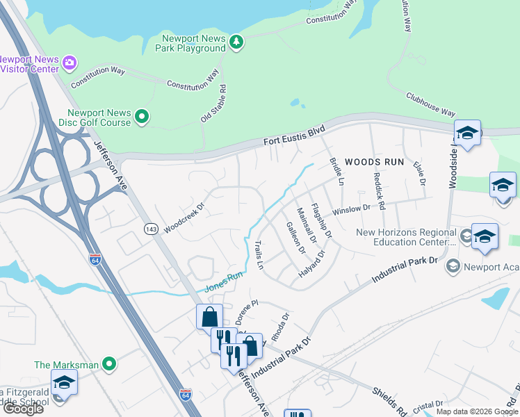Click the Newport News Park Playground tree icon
coord(237,43)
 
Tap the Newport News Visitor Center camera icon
coord(69,64)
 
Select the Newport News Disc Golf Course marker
coord(142,117)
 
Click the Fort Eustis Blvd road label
coord(294,136)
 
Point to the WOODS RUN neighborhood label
coord(375,161)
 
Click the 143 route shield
coord(150,229)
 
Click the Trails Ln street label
coord(259,255)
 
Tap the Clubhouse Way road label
coord(431,105)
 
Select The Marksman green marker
coord(108,363)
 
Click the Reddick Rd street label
coord(380,191)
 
